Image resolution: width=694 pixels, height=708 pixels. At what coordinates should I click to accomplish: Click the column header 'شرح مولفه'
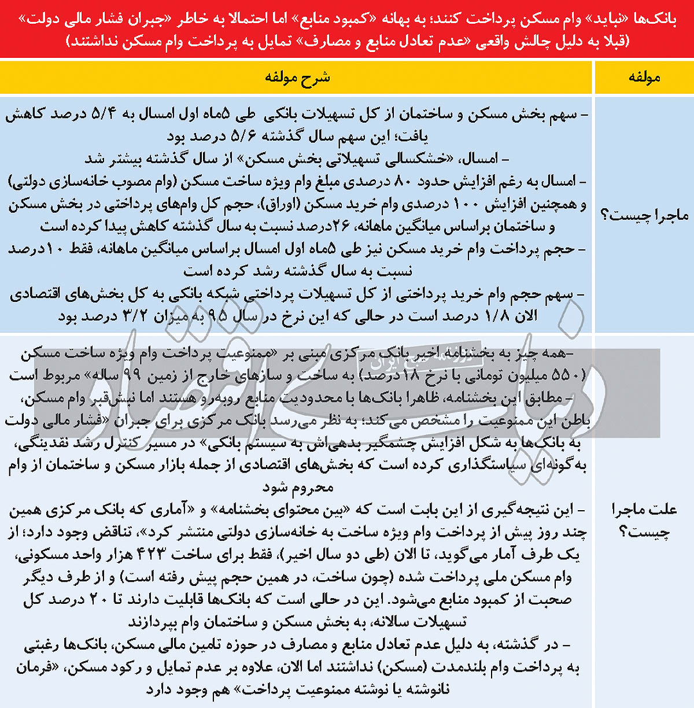pos(297,77)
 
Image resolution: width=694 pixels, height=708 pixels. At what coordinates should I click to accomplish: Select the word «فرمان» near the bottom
pos(38,667)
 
